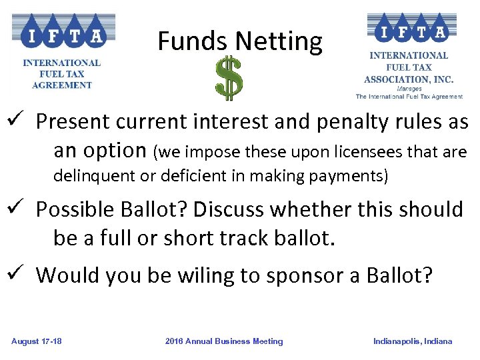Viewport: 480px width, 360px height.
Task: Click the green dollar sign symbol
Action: tap(229, 79)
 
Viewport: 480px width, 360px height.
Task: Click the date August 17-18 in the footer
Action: tap(37, 341)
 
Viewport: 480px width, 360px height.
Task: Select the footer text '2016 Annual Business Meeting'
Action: tap(224, 341)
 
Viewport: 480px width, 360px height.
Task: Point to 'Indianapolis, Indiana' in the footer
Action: tap(413, 341)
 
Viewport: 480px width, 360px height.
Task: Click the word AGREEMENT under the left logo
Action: tap(61, 85)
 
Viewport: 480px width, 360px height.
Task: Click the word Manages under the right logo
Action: tap(409, 88)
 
